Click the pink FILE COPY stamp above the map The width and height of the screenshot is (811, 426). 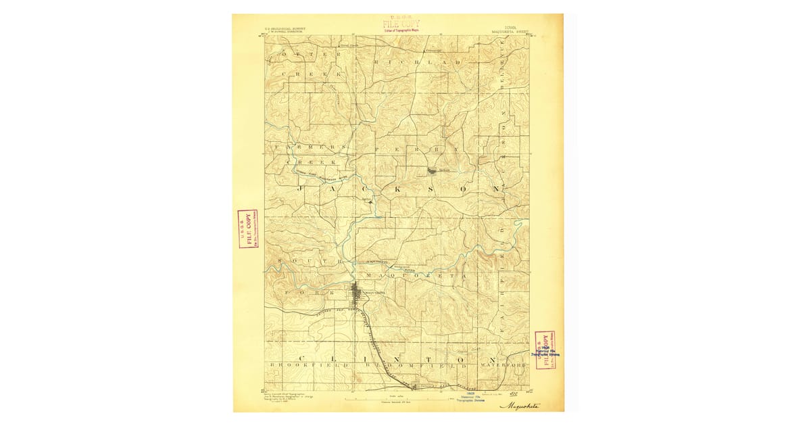[x=401, y=24]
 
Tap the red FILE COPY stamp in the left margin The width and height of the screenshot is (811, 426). [x=248, y=229]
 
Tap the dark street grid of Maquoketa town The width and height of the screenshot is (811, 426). [x=356, y=295]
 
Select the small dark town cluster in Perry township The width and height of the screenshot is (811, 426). [x=432, y=171]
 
